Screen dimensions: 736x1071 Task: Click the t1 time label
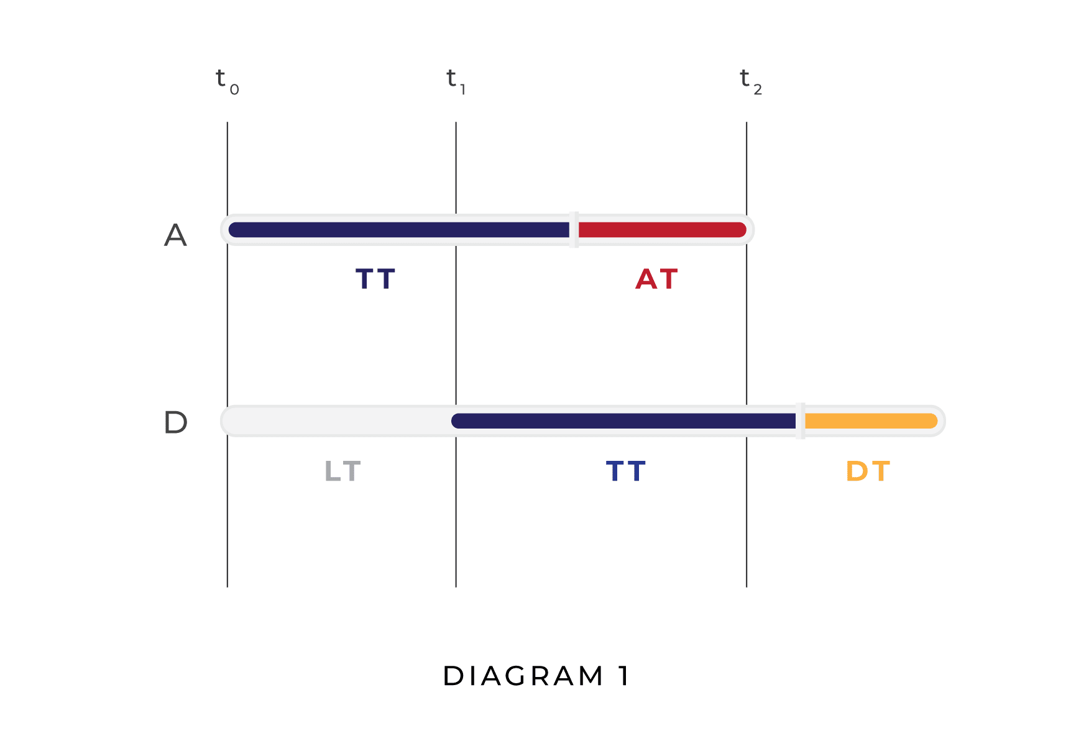coord(456,81)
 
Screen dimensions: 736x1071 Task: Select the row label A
coord(175,235)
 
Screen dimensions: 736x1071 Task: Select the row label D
coord(175,423)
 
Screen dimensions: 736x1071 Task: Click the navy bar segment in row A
coord(398,230)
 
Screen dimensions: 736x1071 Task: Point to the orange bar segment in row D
coord(870,421)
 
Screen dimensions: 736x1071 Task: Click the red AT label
coord(656,279)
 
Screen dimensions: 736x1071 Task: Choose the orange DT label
coord(868,471)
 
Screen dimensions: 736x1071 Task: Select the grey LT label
coord(342,471)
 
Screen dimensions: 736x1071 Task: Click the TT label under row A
coord(375,279)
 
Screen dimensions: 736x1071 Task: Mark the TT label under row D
coord(626,471)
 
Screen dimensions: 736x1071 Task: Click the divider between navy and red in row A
coord(574,230)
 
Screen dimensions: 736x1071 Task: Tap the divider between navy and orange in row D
coord(800,421)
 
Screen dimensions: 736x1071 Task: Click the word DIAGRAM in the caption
coord(523,676)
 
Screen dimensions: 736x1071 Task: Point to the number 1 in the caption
coord(624,676)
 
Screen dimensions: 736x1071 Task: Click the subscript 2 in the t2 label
coord(758,90)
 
